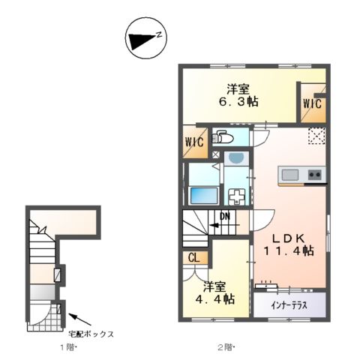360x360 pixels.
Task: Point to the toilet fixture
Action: [x=223, y=138]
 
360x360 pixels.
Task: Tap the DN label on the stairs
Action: [x=223, y=219]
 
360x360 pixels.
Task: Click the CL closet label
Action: [x=193, y=258]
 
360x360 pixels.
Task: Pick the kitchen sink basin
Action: [x=289, y=175]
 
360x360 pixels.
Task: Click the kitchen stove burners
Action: [x=315, y=176]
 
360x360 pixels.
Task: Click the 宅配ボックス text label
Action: [x=91, y=334]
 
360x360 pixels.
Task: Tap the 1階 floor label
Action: [x=68, y=347]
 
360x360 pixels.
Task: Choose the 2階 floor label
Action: [x=225, y=347]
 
